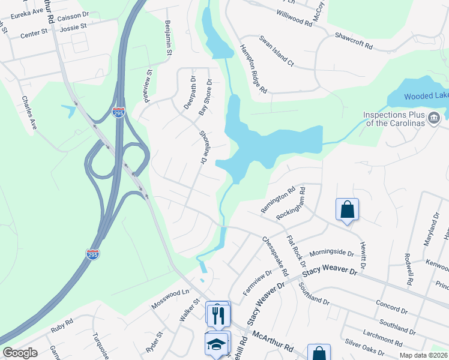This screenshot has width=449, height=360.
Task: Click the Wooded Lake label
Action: pyautogui.click(x=426, y=96)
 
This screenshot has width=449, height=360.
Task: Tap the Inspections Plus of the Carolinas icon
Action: pyautogui.click(x=433, y=118)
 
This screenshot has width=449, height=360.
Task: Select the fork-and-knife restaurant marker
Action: pyautogui.click(x=218, y=313)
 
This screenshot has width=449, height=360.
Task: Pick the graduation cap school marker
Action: pyautogui.click(x=217, y=344)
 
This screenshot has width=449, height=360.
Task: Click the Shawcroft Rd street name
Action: pyautogui.click(x=354, y=41)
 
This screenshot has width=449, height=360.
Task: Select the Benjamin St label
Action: pyautogui.click(x=168, y=37)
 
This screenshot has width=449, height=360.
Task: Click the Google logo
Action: pyautogui.click(x=20, y=353)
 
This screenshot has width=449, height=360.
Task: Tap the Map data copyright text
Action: pyautogui.click(x=422, y=355)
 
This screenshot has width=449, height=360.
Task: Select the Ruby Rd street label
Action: pyautogui.click(x=61, y=328)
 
